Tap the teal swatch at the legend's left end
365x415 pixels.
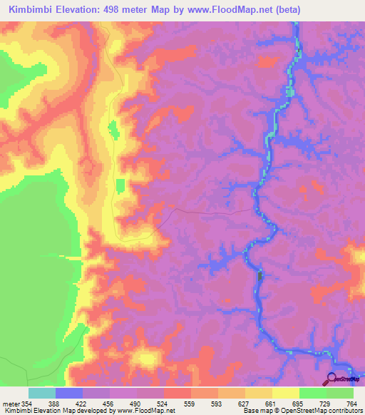(x=41, y=393)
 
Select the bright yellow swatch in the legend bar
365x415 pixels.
(x=285, y=393)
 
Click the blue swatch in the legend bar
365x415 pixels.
(x=68, y=393)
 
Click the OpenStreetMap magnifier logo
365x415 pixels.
(x=332, y=379)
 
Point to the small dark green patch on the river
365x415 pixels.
(x=259, y=275)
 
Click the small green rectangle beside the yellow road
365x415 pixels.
(x=120, y=185)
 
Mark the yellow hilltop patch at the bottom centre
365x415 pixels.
(x=148, y=357)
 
